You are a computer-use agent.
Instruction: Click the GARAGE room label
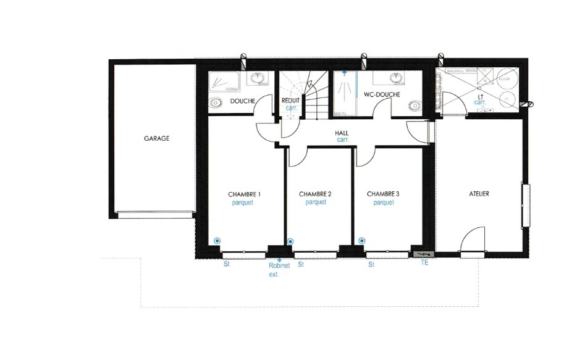(x=156, y=139)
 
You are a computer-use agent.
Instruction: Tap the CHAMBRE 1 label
(x=244, y=194)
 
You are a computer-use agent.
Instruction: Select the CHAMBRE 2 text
(x=315, y=194)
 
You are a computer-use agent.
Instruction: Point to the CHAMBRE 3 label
(x=383, y=194)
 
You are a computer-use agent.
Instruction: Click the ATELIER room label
(x=479, y=194)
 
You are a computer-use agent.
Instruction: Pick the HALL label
(x=342, y=133)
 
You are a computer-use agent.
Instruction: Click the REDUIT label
(x=290, y=100)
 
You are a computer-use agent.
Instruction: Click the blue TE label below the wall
(x=424, y=263)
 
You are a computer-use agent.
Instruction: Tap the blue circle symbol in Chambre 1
(x=217, y=240)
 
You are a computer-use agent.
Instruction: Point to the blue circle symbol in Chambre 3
(x=362, y=240)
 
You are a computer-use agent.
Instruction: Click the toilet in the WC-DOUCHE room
(x=414, y=106)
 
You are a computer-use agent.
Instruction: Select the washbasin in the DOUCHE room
(x=258, y=79)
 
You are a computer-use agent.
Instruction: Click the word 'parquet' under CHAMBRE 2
(x=315, y=202)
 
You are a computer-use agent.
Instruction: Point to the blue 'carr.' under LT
(x=480, y=103)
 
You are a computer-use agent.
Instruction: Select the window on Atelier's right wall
(x=526, y=205)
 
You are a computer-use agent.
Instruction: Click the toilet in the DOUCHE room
(x=216, y=103)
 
